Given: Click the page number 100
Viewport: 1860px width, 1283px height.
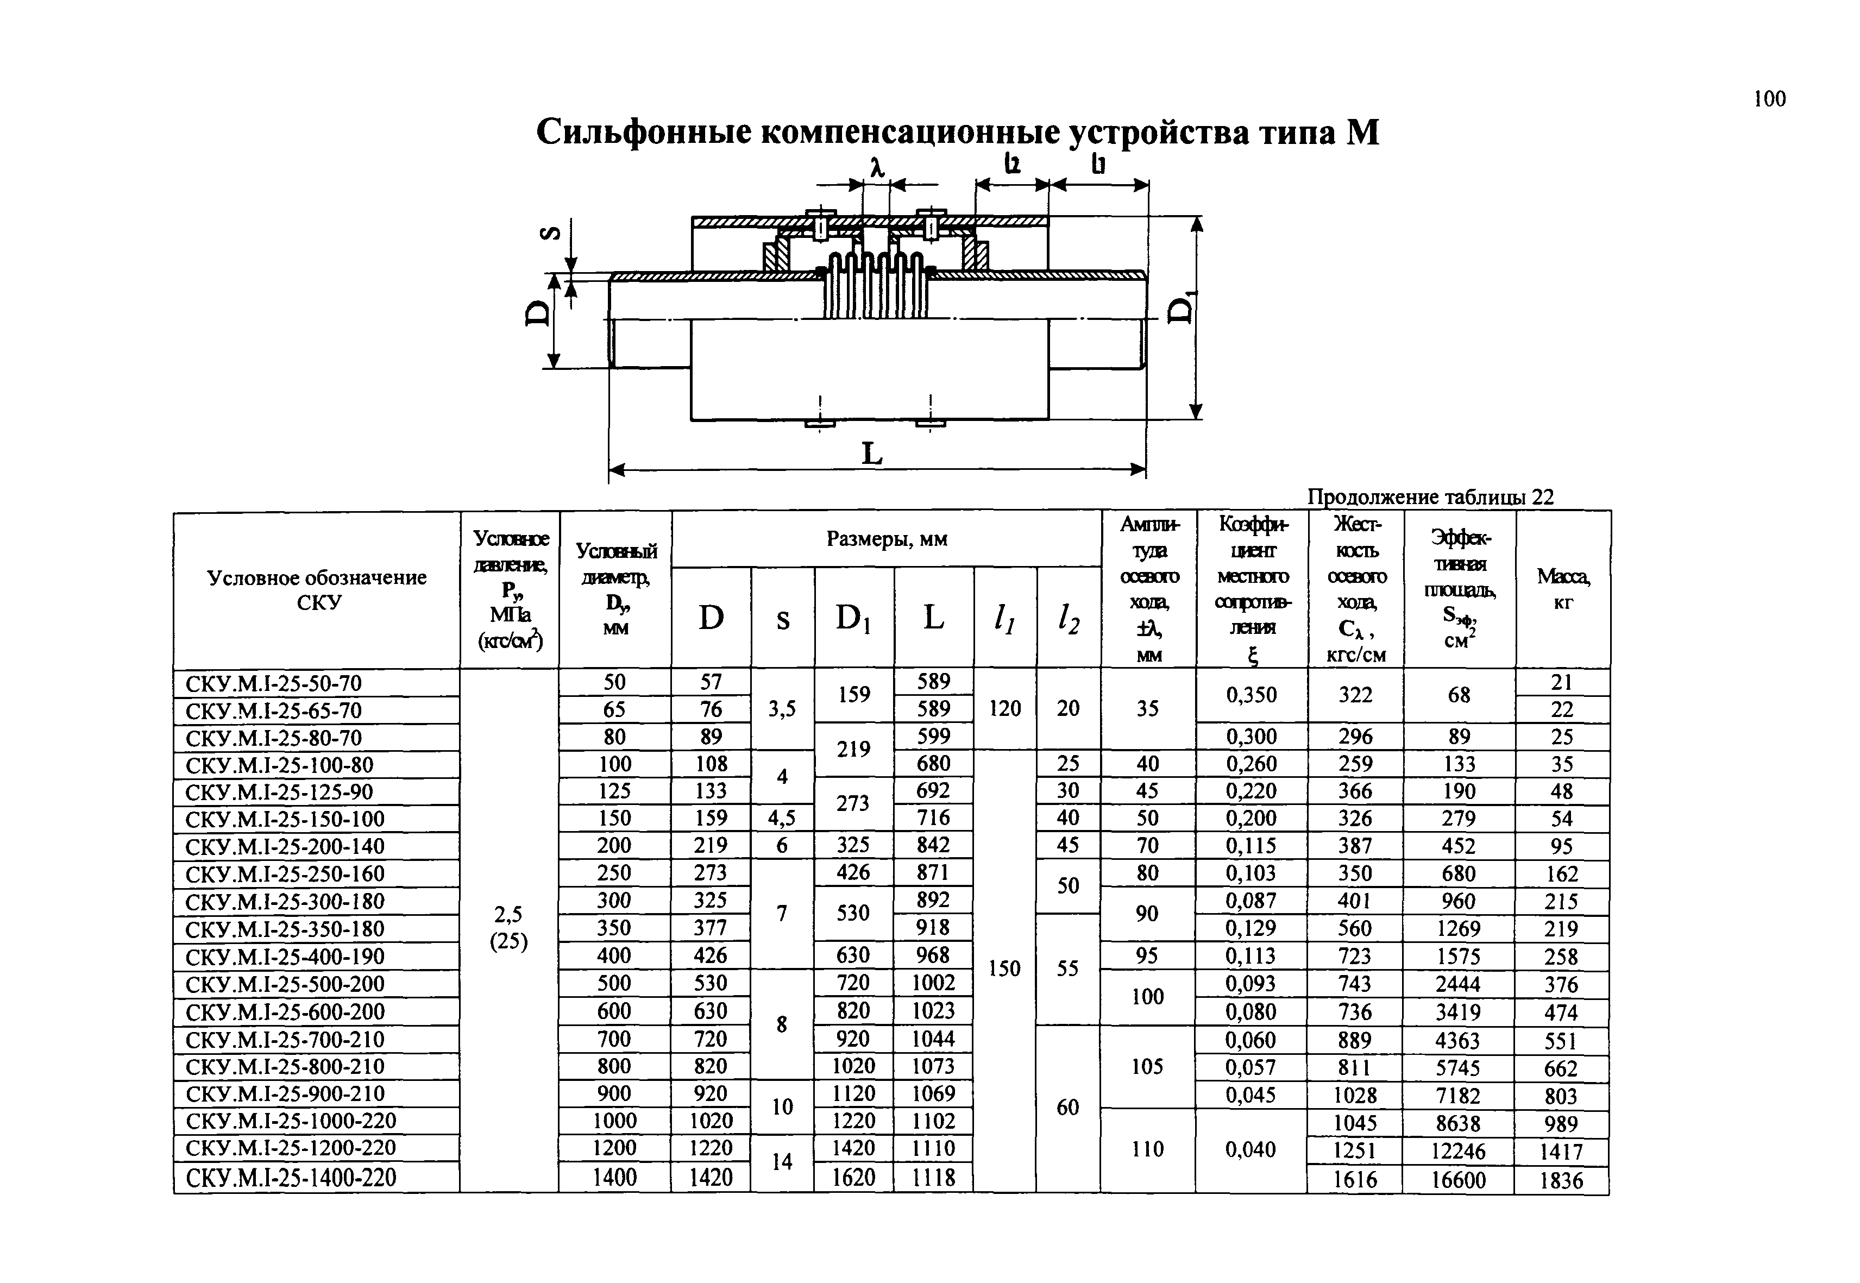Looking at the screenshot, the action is (x=1769, y=99).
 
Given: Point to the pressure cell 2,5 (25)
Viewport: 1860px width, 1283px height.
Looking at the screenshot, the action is (x=508, y=928).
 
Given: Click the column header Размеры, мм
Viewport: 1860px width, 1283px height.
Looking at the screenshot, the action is (x=887, y=539).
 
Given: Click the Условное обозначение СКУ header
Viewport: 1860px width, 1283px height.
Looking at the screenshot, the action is (x=317, y=589).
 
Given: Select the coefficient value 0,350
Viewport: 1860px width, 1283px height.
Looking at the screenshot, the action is (x=1251, y=695).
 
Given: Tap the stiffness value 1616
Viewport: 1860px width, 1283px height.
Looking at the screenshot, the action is (x=1354, y=1179).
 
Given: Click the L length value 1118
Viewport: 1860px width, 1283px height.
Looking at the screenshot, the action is (x=932, y=1177).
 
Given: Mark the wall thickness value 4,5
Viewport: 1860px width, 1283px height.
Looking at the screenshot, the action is (x=781, y=817).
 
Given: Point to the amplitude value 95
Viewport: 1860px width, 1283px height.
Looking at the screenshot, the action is (x=1147, y=956).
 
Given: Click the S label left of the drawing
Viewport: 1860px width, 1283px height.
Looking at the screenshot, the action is (x=551, y=233).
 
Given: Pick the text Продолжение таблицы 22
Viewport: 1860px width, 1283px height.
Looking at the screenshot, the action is (x=1430, y=497).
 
